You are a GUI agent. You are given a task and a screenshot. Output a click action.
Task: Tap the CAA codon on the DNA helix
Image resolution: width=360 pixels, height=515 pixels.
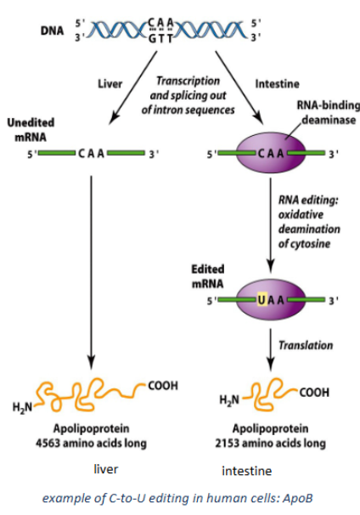click(178, 23)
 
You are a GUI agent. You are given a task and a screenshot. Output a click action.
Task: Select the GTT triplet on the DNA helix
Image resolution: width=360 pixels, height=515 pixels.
click(178, 37)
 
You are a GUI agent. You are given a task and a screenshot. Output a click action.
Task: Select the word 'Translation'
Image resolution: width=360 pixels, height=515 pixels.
click(307, 346)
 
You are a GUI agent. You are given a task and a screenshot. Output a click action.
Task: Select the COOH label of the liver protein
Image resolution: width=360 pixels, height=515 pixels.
click(162, 385)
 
